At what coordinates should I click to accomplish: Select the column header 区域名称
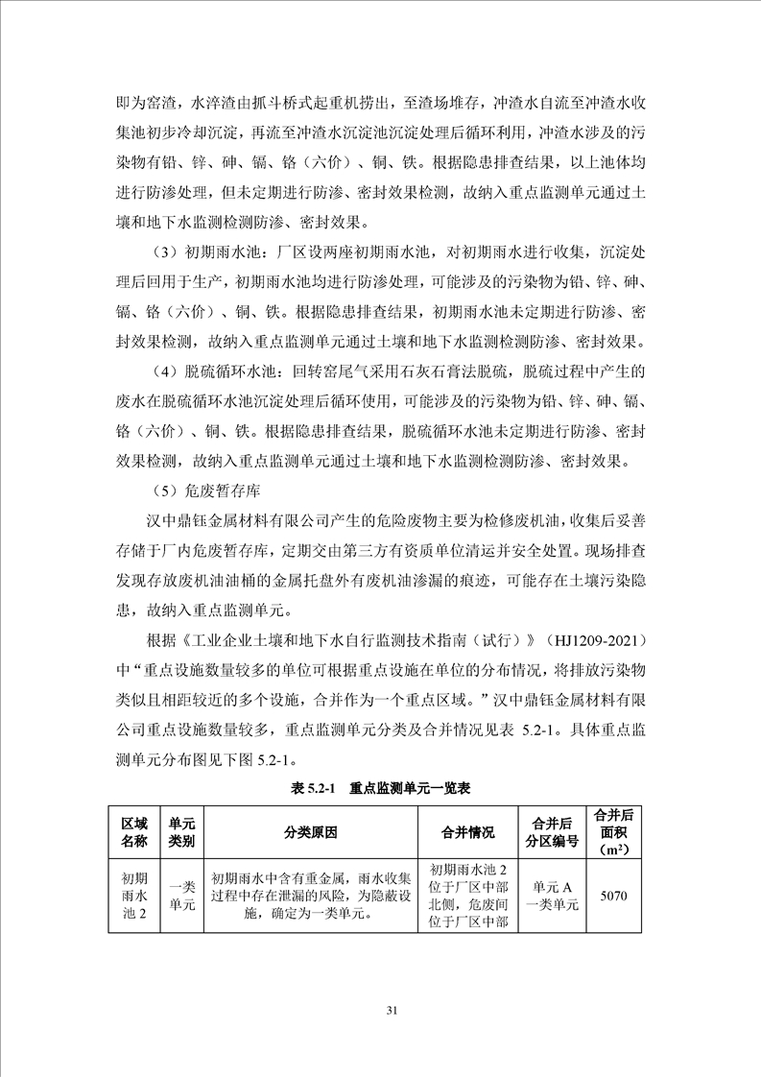[x=134, y=832]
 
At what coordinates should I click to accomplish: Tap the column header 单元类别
[x=182, y=832]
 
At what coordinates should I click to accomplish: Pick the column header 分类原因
[x=311, y=832]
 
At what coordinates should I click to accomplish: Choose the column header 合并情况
[x=467, y=832]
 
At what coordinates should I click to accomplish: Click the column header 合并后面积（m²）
[x=612, y=832]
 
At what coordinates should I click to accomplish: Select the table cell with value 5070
[x=612, y=896]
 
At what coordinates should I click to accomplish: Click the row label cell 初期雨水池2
[x=134, y=896]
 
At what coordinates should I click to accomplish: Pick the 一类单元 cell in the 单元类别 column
[x=182, y=896]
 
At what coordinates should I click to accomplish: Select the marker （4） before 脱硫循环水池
[x=169, y=371]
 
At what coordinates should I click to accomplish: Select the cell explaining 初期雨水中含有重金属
[x=311, y=896]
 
